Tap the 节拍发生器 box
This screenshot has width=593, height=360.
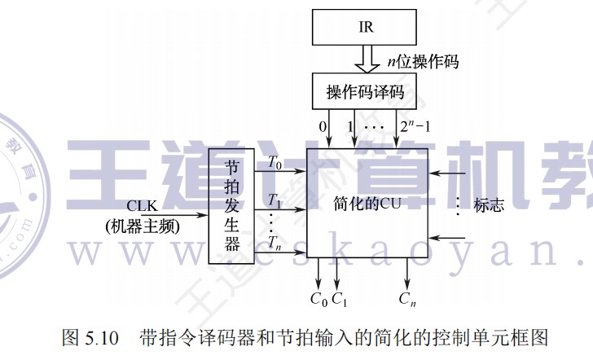tap(232, 206)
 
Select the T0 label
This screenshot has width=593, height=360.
tap(275, 162)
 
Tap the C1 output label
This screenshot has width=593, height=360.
tap(340, 298)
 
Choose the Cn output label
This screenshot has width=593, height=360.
tap(407, 298)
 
